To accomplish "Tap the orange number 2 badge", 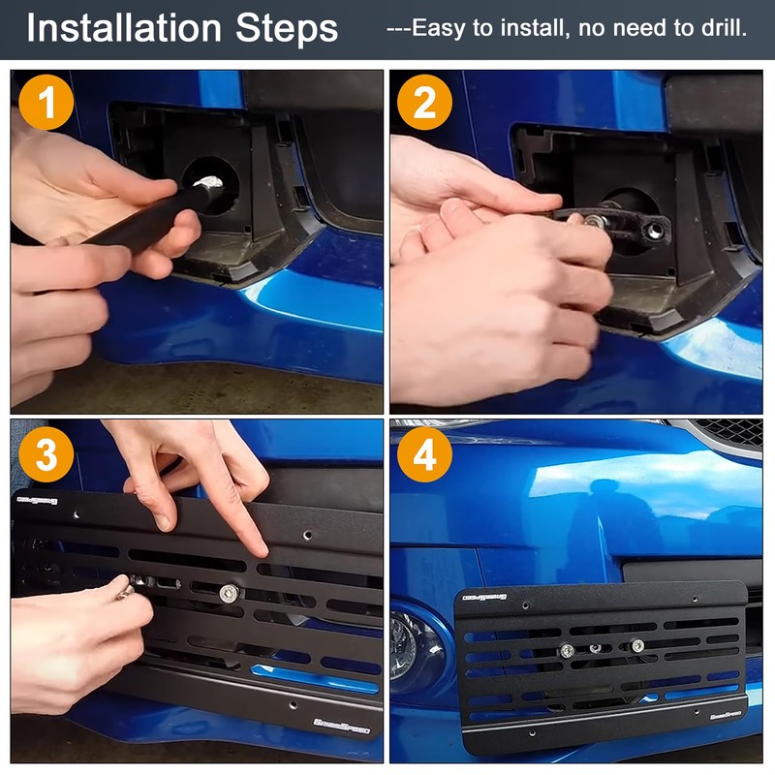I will pyautogui.click(x=424, y=103).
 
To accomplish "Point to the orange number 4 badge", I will pyautogui.click(x=424, y=453).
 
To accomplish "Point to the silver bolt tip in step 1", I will pyautogui.click(x=210, y=181).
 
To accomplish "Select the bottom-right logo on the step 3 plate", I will pyautogui.click(x=347, y=723).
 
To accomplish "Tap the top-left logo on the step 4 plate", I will pyautogui.click(x=481, y=596).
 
